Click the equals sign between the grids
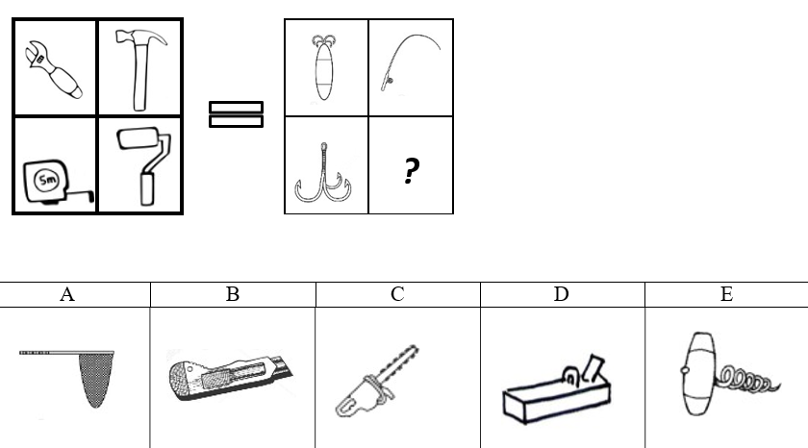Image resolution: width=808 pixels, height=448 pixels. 236,114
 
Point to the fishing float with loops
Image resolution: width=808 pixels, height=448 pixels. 323,67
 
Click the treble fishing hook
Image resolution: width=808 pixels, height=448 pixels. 323,175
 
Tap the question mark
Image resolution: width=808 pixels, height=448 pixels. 411,170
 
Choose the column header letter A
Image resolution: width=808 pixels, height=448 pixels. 67,294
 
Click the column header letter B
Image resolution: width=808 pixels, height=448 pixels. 233,294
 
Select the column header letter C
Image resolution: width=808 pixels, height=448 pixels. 397,294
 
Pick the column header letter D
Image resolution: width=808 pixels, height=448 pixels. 561,294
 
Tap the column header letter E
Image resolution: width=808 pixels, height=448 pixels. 726,294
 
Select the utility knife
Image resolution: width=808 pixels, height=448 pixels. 229,375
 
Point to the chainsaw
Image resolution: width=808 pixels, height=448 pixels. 376,384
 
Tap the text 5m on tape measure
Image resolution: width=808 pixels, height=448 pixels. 47,180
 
